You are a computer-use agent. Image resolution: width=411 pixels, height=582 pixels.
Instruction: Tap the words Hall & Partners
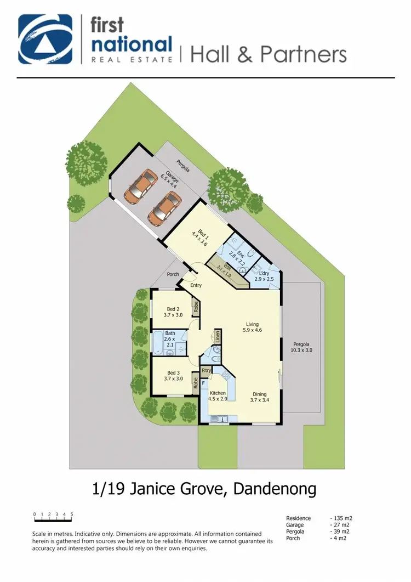click(x=269, y=54)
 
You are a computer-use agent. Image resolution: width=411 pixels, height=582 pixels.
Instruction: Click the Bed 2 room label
click(x=173, y=312)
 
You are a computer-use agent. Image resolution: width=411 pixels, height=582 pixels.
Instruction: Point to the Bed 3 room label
click(x=173, y=375)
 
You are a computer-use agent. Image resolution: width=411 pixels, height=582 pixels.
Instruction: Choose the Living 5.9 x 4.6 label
click(x=253, y=327)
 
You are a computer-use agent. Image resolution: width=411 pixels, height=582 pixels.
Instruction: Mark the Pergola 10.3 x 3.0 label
click(x=302, y=347)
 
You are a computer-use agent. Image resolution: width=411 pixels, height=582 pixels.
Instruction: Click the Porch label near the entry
click(x=173, y=274)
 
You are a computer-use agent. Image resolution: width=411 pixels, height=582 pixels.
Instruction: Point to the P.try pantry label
click(x=207, y=371)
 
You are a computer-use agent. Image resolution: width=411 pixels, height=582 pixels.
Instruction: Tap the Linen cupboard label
click(x=218, y=335)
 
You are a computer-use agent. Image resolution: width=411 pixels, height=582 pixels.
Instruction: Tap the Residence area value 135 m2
click(x=340, y=518)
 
